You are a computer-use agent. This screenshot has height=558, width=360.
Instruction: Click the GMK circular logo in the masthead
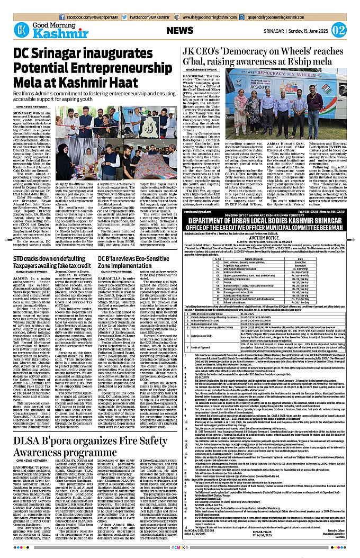[x=21, y=30]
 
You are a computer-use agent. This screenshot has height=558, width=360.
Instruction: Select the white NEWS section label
[x=183, y=30]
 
